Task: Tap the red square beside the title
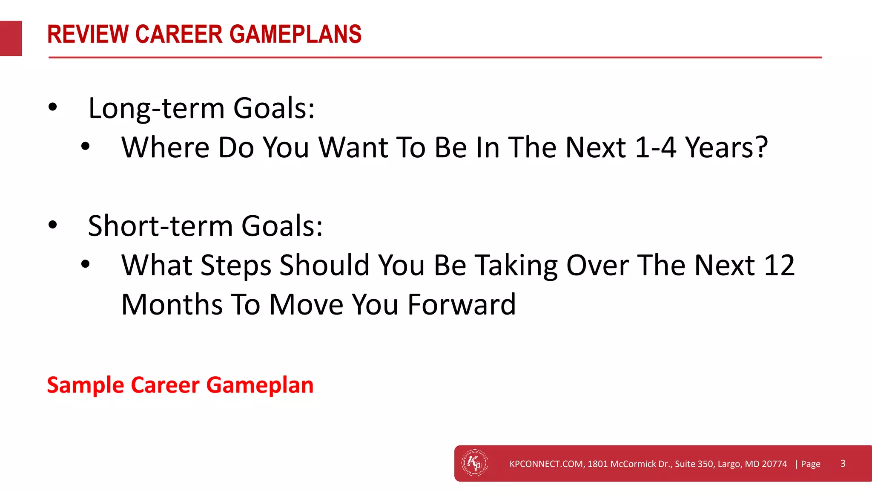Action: coord(11,38)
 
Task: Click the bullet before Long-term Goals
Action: coord(52,107)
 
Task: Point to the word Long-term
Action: coord(156,108)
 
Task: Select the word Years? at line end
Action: coord(726,147)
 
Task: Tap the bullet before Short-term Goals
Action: coord(52,225)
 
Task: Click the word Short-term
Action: coord(160,226)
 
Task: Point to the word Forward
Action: coord(462,304)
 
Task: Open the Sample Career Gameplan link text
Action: coord(180,385)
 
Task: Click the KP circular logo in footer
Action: coord(475,462)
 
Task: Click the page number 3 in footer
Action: coord(843,464)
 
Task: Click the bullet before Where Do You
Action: coord(86,147)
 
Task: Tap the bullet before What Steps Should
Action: coord(86,264)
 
